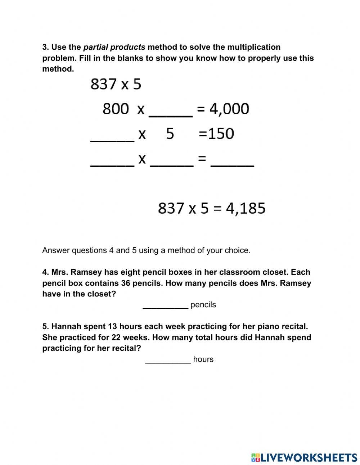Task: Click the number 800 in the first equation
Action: click(x=115, y=108)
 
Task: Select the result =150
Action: click(x=216, y=134)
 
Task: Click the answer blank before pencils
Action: click(x=165, y=305)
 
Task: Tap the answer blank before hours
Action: click(x=168, y=359)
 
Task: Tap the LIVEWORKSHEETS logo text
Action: click(x=309, y=457)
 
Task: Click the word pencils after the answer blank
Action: click(x=203, y=305)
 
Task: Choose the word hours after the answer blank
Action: click(x=203, y=359)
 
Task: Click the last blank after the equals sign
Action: click(x=232, y=163)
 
